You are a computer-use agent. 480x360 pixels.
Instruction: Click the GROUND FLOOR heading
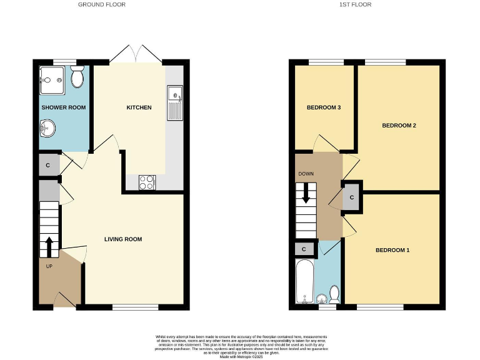click(x=101, y=4)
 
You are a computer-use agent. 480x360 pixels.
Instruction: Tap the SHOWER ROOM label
click(x=63, y=107)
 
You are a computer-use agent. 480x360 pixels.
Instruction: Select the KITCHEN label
click(x=139, y=107)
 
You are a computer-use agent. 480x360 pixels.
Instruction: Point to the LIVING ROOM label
click(x=123, y=239)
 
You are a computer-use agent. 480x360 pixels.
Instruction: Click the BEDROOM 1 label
click(x=392, y=251)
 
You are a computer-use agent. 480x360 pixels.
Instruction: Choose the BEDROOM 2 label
click(x=399, y=126)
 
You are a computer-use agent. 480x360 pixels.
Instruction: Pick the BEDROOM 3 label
click(x=323, y=107)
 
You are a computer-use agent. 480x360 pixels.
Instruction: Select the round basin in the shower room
click(x=47, y=129)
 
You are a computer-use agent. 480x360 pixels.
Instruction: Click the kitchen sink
click(x=175, y=102)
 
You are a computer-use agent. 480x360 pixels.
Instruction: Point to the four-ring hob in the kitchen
click(x=146, y=182)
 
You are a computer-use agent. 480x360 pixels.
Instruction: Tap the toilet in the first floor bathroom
click(x=334, y=294)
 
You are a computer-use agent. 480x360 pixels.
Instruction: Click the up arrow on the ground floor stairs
click(x=47, y=247)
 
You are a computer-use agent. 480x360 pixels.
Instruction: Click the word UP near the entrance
click(x=49, y=266)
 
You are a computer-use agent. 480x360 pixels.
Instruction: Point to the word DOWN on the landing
click(x=306, y=174)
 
